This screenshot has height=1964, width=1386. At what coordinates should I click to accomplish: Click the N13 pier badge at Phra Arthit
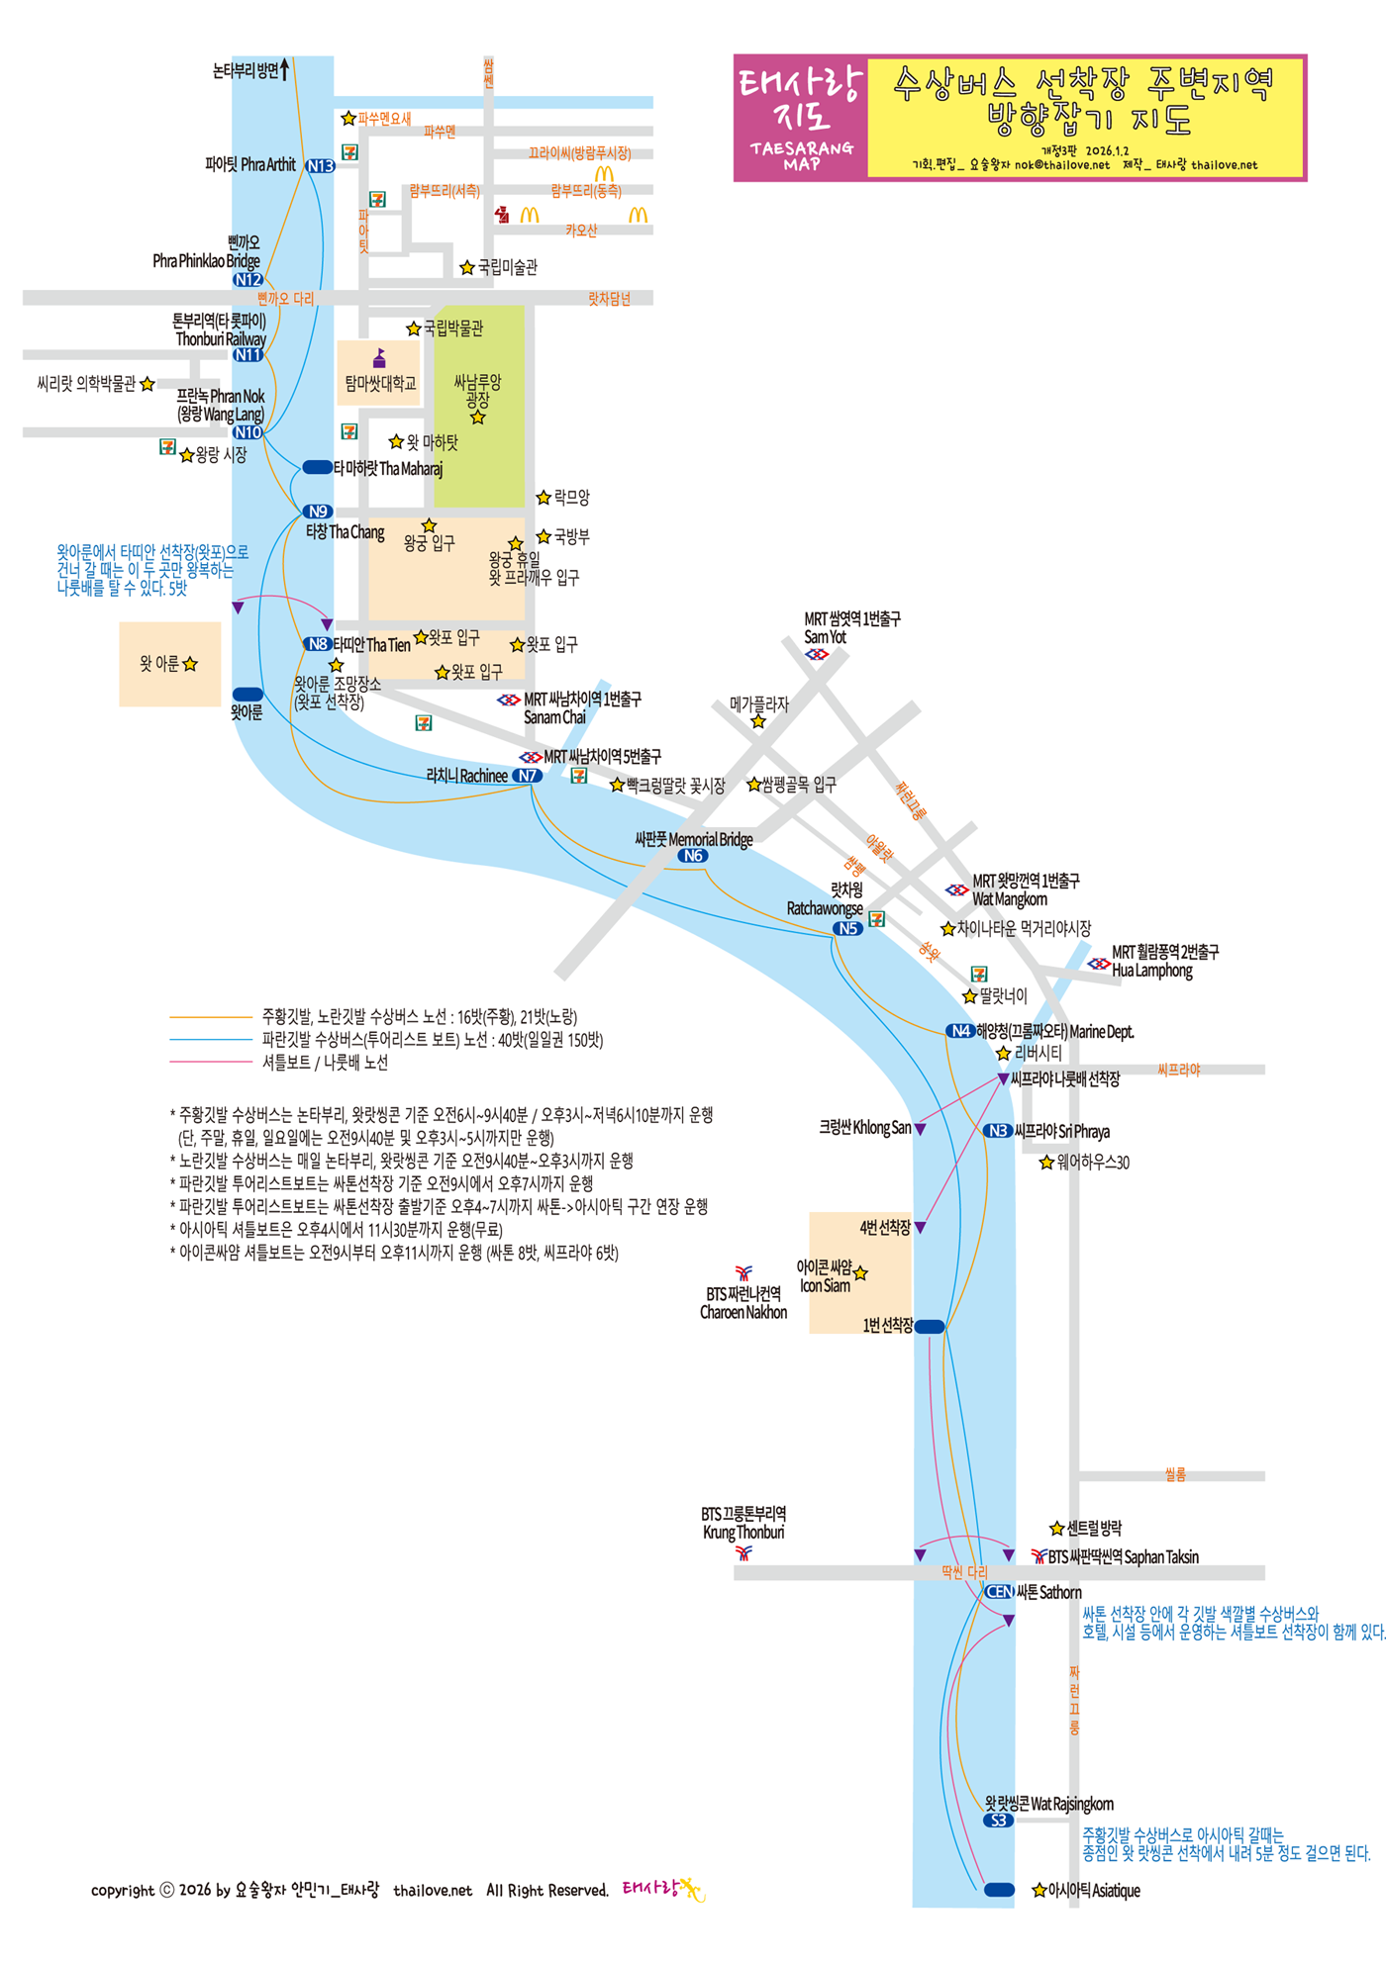(320, 166)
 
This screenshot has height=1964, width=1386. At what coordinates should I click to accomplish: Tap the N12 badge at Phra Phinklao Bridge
(247, 280)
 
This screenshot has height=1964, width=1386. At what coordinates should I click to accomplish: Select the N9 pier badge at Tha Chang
(317, 512)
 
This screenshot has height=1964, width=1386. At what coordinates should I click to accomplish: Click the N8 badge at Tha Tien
(317, 644)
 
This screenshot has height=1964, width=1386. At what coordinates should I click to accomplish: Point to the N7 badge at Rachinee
(527, 776)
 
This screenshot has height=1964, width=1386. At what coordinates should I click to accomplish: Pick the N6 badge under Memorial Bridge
(693, 856)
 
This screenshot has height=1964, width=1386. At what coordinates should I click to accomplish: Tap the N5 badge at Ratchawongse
(847, 928)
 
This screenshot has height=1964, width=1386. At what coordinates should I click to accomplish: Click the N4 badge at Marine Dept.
(960, 1031)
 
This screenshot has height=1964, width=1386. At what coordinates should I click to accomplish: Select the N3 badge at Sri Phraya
(997, 1131)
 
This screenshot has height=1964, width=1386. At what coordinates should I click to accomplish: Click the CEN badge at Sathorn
(999, 1592)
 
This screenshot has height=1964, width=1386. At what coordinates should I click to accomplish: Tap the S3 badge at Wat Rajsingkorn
(998, 1821)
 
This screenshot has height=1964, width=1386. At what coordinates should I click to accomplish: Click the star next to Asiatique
(1039, 1891)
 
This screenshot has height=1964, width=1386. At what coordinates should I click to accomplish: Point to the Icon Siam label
(826, 1276)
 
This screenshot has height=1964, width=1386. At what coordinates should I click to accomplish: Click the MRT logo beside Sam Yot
(817, 654)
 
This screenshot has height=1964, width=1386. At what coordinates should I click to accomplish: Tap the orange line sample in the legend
(211, 1016)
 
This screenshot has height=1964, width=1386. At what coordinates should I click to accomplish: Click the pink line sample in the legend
(211, 1062)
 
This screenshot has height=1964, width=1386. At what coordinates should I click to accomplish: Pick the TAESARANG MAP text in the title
(801, 155)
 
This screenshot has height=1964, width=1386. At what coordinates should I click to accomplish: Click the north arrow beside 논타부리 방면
(285, 68)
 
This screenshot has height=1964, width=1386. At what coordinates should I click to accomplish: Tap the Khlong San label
(864, 1128)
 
